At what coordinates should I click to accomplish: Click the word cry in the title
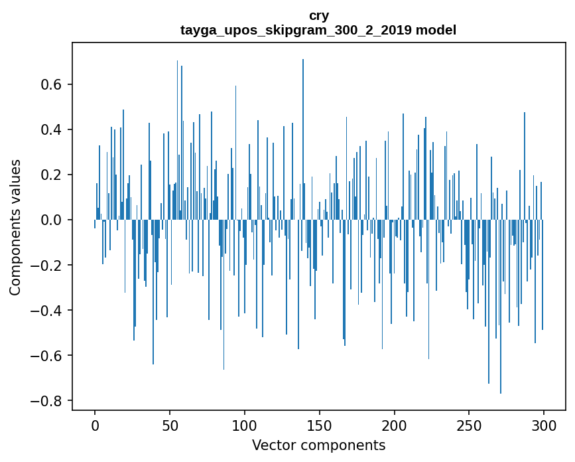coord(318,15)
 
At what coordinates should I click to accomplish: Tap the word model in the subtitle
coord(436,31)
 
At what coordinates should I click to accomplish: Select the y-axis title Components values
coord(15,227)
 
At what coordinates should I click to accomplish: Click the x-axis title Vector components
coord(318,445)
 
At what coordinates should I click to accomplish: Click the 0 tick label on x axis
coord(95,425)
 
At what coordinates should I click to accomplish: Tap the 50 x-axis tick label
coord(170,425)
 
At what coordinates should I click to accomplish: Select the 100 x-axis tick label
coord(245,425)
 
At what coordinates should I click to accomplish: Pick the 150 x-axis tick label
coord(320,425)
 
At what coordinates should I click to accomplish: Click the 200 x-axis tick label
coord(394,425)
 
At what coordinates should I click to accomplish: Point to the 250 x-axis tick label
coord(469,425)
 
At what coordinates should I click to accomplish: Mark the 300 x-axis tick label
coord(544,425)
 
